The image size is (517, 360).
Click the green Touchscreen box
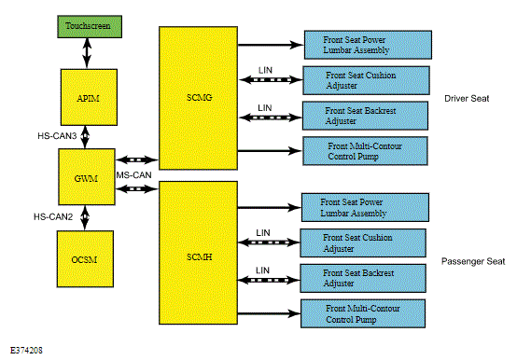(x=90, y=26)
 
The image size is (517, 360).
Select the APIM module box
(x=89, y=97)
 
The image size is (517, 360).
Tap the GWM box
(x=87, y=177)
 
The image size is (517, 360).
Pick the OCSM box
(x=85, y=259)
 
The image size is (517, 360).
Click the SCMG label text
(x=199, y=98)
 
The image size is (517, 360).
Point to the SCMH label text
(x=199, y=256)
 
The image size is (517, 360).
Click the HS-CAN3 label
(x=57, y=136)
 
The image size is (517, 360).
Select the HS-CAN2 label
(x=53, y=216)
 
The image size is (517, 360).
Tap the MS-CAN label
(x=133, y=175)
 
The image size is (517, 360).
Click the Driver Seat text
(x=467, y=99)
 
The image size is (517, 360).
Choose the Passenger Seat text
(x=473, y=261)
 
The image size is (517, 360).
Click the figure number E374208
(x=26, y=350)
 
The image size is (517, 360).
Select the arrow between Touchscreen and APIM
(x=87, y=53)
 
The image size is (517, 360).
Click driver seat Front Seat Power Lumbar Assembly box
(x=368, y=45)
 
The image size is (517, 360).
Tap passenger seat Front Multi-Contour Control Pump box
(x=363, y=313)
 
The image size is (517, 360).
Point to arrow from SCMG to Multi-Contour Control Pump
(x=270, y=151)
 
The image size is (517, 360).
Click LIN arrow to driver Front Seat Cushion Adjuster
(x=271, y=79)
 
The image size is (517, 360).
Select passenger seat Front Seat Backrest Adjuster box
(x=363, y=278)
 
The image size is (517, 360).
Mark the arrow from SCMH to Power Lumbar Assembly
(x=269, y=207)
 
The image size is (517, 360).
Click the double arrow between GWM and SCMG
(x=137, y=160)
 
